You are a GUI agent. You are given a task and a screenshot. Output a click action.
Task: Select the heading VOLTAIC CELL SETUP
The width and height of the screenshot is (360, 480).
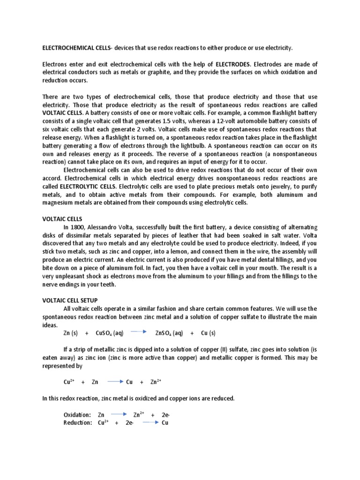tap(71, 300)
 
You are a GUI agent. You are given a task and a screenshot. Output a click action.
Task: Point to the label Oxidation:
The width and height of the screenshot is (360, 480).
tap(77, 415)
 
